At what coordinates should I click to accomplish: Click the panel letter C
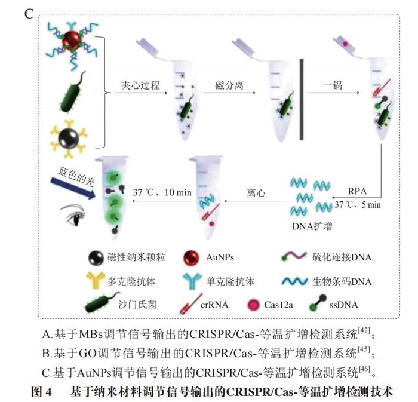click(x=28, y=13)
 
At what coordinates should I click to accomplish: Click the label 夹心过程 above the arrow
click(x=141, y=85)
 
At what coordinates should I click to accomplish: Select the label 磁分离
click(x=229, y=85)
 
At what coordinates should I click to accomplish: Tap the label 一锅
click(x=333, y=85)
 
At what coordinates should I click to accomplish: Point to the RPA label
click(x=358, y=191)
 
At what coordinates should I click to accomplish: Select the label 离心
click(x=256, y=194)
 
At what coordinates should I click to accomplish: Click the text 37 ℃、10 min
click(x=162, y=193)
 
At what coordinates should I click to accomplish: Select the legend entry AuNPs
click(x=220, y=257)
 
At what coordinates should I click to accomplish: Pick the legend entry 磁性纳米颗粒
click(x=137, y=257)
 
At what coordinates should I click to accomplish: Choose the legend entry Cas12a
click(x=278, y=305)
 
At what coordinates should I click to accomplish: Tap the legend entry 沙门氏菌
click(x=137, y=305)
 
